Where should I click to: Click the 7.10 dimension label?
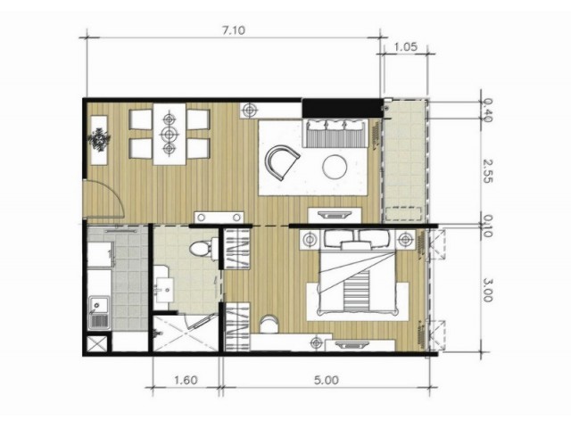click(x=234, y=29)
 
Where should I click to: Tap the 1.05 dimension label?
click(x=405, y=46)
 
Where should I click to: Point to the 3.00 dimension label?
click(x=488, y=290)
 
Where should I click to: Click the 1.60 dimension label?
click(x=186, y=381)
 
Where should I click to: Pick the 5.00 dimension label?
click(x=327, y=381)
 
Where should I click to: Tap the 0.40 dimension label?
click(x=488, y=111)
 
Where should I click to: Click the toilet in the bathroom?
click(x=203, y=249)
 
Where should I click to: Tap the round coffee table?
click(x=335, y=167)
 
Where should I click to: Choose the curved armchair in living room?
click(x=282, y=162)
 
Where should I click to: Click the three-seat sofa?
click(x=335, y=133)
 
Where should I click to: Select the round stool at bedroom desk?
click(x=269, y=324)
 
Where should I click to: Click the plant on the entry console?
click(x=99, y=139)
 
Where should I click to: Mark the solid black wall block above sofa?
click(x=343, y=108)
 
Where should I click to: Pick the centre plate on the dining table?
click(x=169, y=134)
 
